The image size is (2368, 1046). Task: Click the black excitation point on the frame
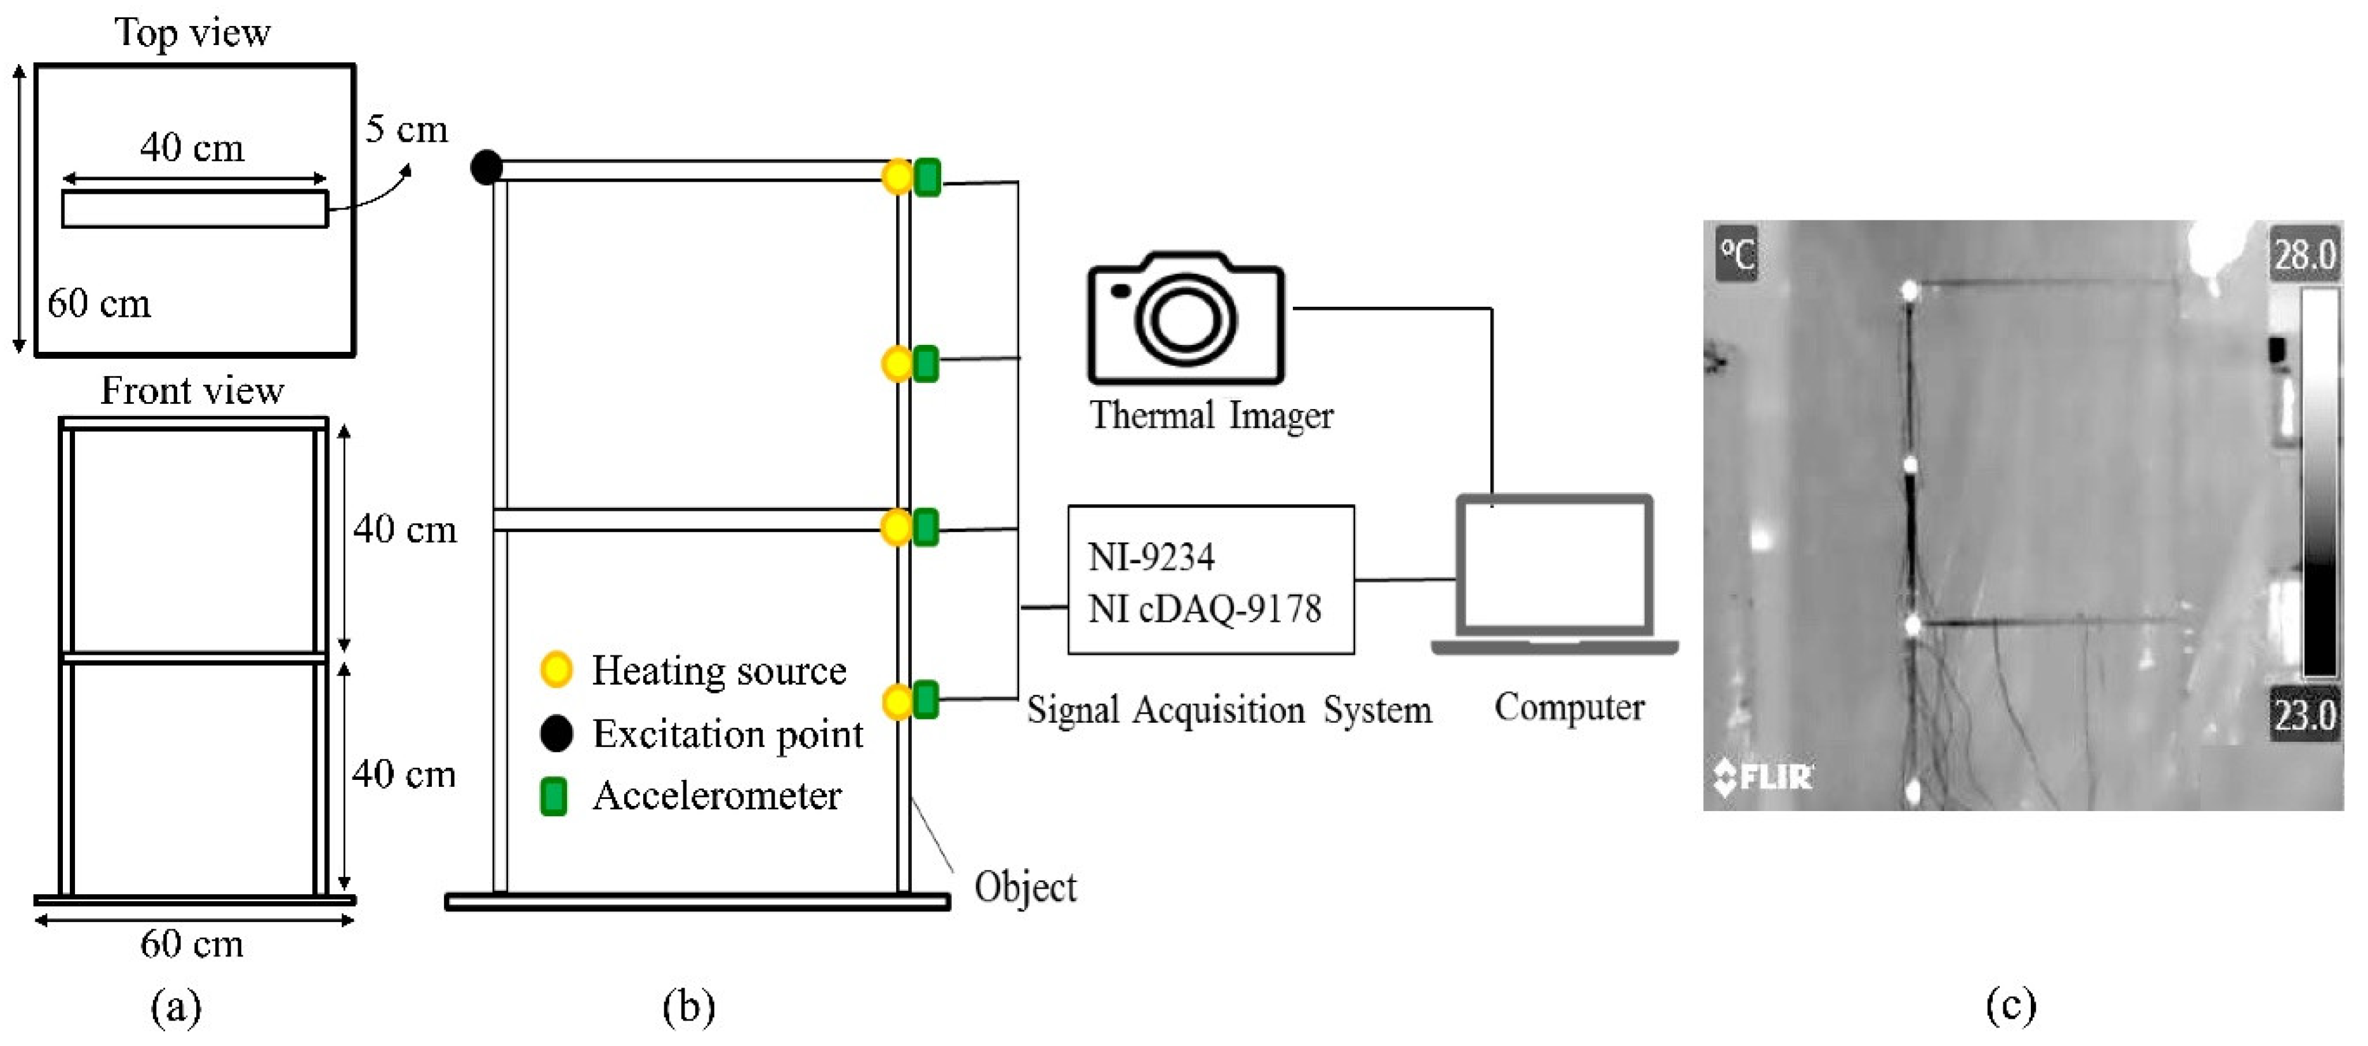pos(486,167)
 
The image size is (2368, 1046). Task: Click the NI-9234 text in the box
pos(1151,557)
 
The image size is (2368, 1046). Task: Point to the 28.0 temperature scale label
pos(2304,253)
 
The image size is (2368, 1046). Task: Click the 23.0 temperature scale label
pos(2304,714)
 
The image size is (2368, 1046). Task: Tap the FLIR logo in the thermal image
pos(1762,777)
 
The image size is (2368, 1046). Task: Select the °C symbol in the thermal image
pos(1737,255)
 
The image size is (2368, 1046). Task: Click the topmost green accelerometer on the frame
pos(928,177)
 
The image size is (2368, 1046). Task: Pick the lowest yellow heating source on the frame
pos(896,702)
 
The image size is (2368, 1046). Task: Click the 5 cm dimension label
pos(406,129)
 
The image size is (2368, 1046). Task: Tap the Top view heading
pos(192,33)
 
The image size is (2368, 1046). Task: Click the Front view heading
pos(192,391)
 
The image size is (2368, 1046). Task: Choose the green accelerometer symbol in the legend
pos(553,796)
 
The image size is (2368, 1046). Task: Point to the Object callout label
pos(1025,887)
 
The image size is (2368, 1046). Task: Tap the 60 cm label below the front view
pos(192,944)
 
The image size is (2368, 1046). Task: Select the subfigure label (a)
pos(175,1007)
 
